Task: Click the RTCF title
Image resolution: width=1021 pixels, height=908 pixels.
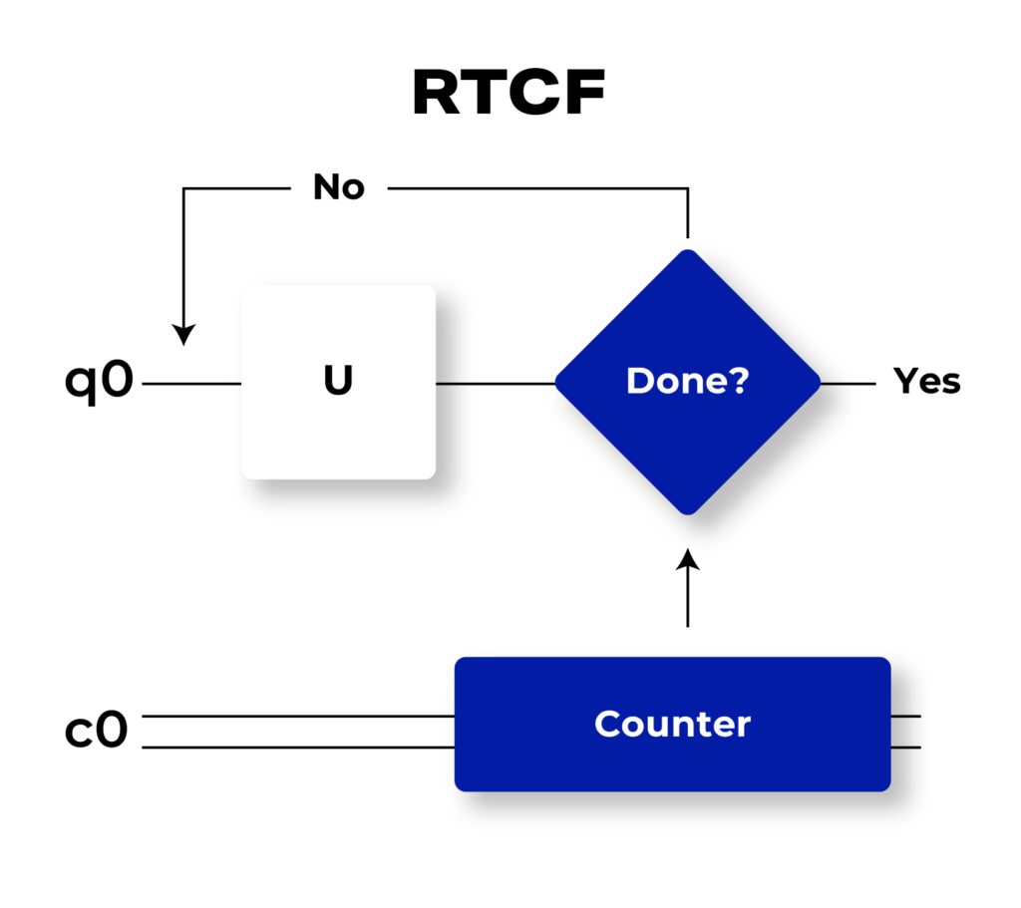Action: coord(509,95)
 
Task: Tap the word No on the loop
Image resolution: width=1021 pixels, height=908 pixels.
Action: coord(339,187)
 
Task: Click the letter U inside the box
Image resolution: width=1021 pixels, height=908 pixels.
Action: coord(338,382)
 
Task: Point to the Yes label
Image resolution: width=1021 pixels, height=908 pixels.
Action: coord(926,382)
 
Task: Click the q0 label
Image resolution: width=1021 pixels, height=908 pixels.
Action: coord(99,382)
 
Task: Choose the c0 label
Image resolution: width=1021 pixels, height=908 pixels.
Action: coord(97,731)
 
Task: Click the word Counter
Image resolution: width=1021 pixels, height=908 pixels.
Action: coord(672,725)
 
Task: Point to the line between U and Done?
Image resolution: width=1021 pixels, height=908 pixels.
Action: coord(496,383)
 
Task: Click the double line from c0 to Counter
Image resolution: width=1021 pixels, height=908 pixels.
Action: coord(299,732)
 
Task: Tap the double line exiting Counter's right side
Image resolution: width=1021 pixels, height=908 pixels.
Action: coord(905,732)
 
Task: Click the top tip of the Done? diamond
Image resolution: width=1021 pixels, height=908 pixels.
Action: coord(688,251)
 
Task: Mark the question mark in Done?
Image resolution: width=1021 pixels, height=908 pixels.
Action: coord(739,382)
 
